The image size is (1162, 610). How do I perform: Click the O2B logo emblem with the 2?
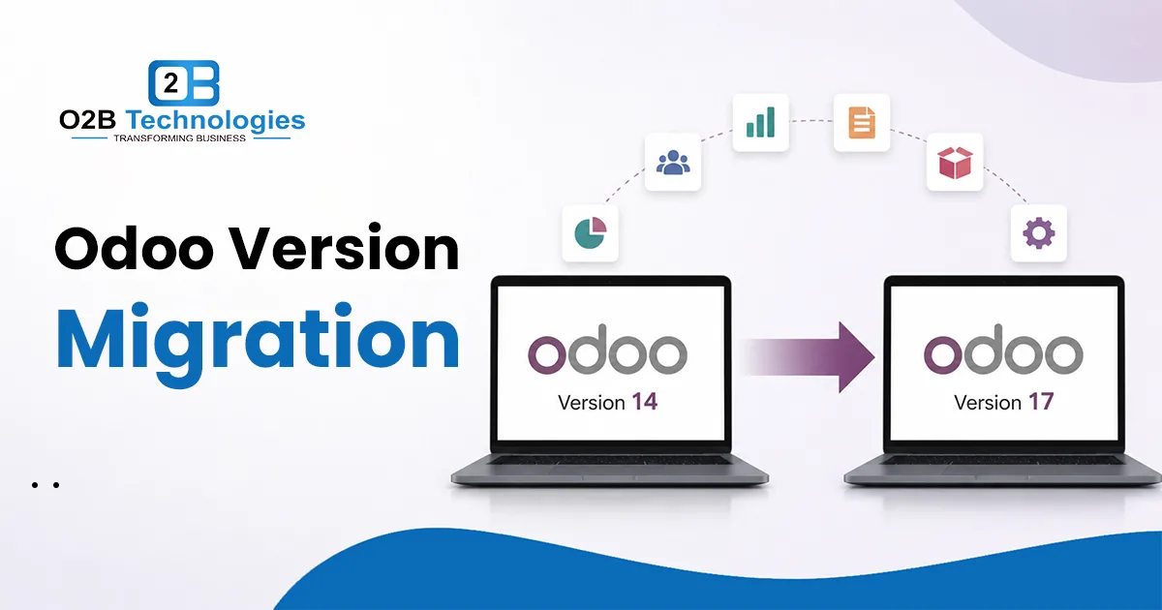[x=184, y=83]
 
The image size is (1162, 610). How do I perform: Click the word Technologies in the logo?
[x=215, y=121]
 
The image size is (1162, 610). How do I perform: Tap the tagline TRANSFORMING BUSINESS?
[x=179, y=138]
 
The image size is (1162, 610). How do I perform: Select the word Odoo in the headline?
[x=134, y=249]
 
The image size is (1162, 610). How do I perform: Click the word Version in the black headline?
[x=345, y=249]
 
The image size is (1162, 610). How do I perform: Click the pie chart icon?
[x=591, y=233]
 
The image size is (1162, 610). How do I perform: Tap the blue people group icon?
[x=673, y=163]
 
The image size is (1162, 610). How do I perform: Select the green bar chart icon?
[x=760, y=122]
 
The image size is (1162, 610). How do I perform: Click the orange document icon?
[x=862, y=122]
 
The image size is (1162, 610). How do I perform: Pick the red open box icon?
[x=955, y=163]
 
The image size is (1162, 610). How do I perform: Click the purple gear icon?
[x=1038, y=233]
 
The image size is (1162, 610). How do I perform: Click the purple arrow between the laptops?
[x=810, y=357]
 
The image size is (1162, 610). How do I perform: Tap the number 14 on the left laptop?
[x=644, y=402]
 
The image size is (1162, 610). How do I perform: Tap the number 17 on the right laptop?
[x=1041, y=402]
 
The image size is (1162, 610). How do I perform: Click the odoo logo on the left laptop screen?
[x=607, y=349]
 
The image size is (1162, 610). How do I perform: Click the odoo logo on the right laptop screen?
[x=1003, y=349]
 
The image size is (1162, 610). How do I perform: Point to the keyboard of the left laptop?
[x=609, y=460]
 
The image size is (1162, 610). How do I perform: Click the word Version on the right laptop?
[x=988, y=403]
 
